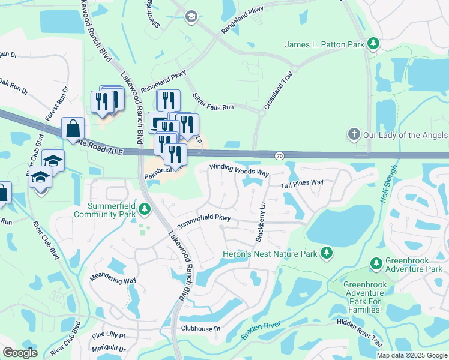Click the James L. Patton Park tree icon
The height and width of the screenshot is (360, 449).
[x=373, y=44]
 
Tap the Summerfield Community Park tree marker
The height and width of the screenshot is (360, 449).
[x=144, y=209]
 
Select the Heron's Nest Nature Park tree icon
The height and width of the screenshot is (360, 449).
[x=327, y=254]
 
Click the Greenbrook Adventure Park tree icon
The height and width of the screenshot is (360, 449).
[x=376, y=263]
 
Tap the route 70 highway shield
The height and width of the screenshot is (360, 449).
[x=280, y=156]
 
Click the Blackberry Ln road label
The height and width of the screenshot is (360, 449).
[x=260, y=221]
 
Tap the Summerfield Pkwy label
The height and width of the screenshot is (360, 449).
[x=204, y=216]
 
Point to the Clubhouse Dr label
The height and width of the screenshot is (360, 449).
[x=201, y=328]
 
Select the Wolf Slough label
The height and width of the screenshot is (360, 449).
[x=389, y=184]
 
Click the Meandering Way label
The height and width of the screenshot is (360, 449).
[x=113, y=280]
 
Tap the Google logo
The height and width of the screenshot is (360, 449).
[x=20, y=352]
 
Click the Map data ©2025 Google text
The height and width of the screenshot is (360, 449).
[x=411, y=355]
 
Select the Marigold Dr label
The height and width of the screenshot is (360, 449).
[x=109, y=349]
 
